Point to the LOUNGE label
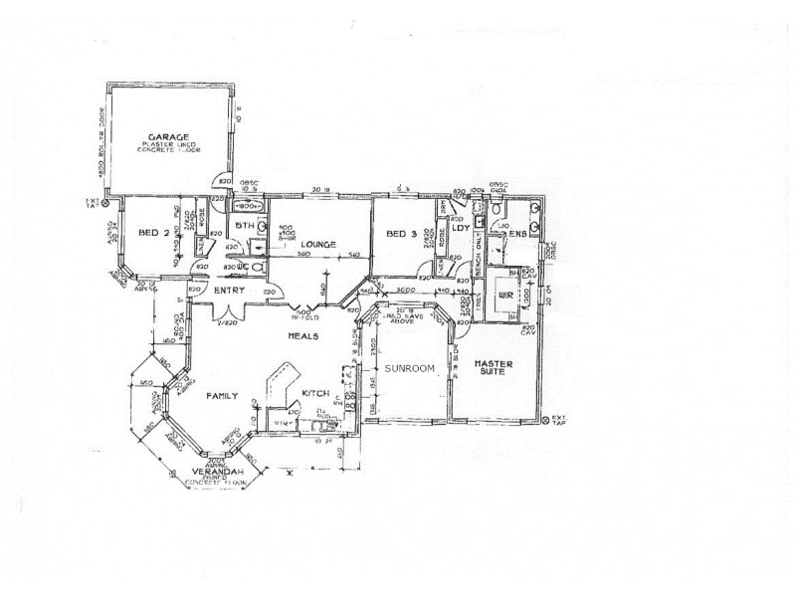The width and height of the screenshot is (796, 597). tap(316, 244)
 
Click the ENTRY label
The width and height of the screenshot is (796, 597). tap(230, 290)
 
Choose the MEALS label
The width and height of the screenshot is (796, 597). tap(302, 337)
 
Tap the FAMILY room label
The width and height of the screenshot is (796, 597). tap(220, 395)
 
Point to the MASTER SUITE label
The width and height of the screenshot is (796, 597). tap(493, 369)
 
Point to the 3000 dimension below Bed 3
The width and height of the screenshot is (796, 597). tap(404, 289)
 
